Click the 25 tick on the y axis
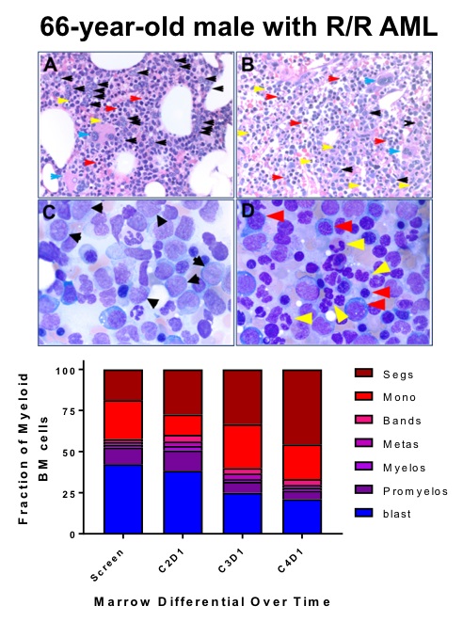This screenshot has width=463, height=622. (90, 493)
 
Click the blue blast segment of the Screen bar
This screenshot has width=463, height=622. (123, 499)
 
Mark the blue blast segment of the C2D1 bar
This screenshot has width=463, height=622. (183, 502)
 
